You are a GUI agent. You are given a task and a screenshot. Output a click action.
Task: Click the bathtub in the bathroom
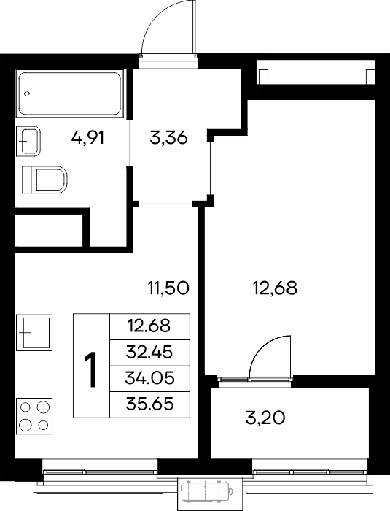point(70,93)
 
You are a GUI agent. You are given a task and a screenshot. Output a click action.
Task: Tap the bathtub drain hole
point(27,94)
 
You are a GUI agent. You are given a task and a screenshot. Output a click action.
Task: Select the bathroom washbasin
point(28,142)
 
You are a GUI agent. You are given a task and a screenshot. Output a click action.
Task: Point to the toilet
point(44,180)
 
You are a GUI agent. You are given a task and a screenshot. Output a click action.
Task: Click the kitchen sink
point(34,332)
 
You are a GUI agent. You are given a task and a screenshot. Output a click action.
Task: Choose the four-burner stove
point(34,416)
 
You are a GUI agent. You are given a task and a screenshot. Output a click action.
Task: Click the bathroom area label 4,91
point(87,138)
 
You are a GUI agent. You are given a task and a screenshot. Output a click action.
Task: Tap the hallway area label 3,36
point(168,138)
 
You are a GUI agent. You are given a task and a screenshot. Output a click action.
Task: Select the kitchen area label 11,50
point(168,288)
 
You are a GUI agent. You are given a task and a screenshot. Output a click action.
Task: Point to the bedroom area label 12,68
point(275,288)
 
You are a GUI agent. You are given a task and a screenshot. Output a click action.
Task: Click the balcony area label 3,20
point(265,418)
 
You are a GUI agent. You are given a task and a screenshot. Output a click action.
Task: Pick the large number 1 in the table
point(91,370)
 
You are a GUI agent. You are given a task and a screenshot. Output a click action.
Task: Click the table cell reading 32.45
point(149,353)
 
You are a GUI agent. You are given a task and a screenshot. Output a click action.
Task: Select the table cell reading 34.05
point(149,379)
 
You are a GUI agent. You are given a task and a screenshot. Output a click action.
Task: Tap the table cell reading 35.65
point(149,404)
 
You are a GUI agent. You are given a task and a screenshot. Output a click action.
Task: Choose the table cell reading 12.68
point(149,327)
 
